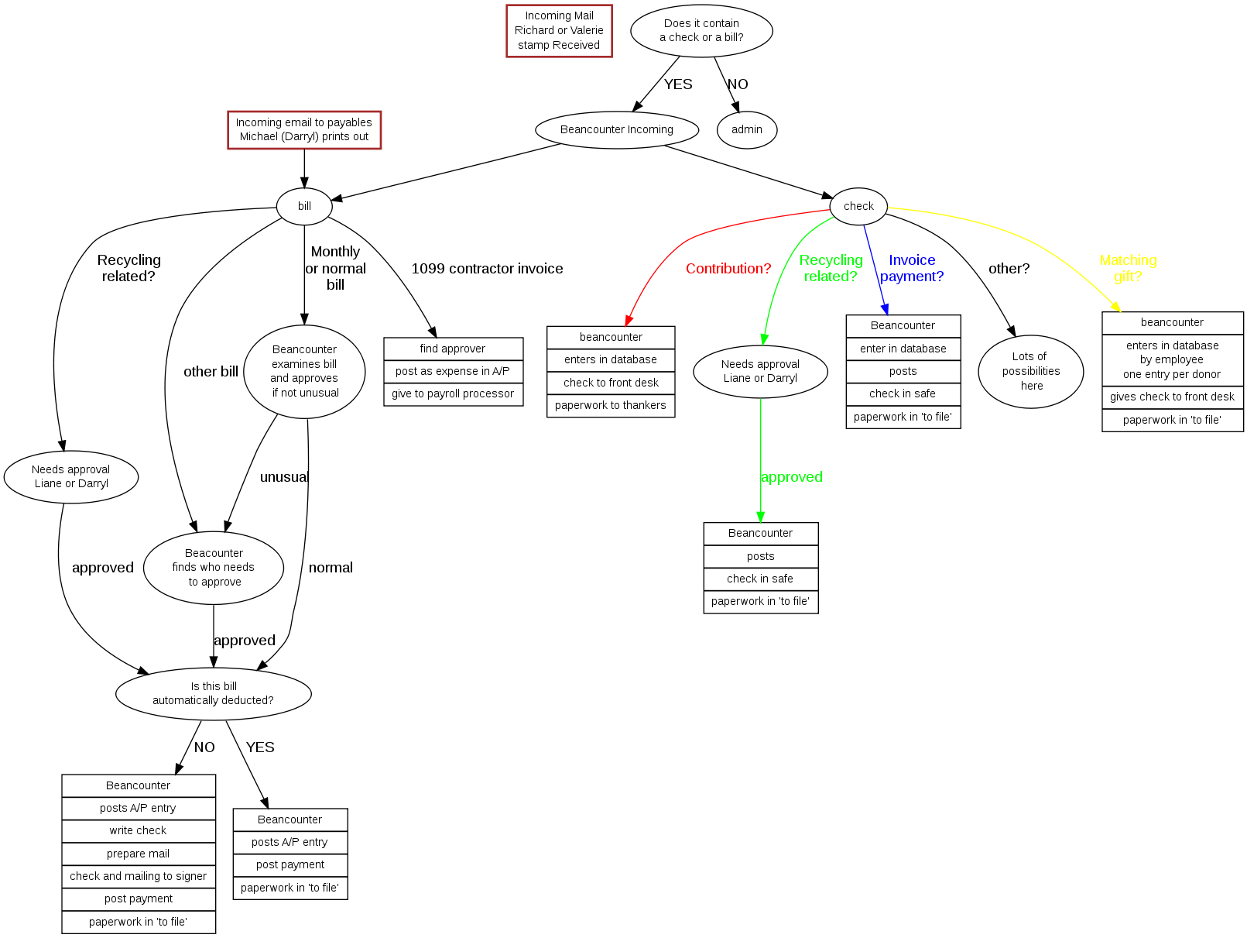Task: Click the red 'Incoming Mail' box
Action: [559, 31]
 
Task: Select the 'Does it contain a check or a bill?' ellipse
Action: [701, 31]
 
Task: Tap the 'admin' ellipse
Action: [747, 130]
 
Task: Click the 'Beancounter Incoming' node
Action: [617, 130]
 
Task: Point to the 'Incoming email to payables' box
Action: [304, 130]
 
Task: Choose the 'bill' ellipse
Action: [304, 207]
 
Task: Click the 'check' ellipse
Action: [858, 207]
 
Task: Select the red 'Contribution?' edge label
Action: [728, 269]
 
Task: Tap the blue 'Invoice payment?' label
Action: [912, 269]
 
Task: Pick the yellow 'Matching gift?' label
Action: [1128, 269]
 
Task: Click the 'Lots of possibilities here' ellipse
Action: [1031, 372]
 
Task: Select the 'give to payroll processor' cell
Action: [453, 394]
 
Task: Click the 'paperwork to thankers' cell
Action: [611, 406]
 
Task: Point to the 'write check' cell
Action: [139, 831]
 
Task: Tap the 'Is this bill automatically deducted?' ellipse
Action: [214, 693]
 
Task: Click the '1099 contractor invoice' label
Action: [487, 269]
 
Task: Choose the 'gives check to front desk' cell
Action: [1172, 397]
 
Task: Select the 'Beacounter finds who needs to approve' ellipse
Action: [214, 568]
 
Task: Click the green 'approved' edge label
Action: [791, 477]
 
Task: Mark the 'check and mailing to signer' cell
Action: [139, 877]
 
